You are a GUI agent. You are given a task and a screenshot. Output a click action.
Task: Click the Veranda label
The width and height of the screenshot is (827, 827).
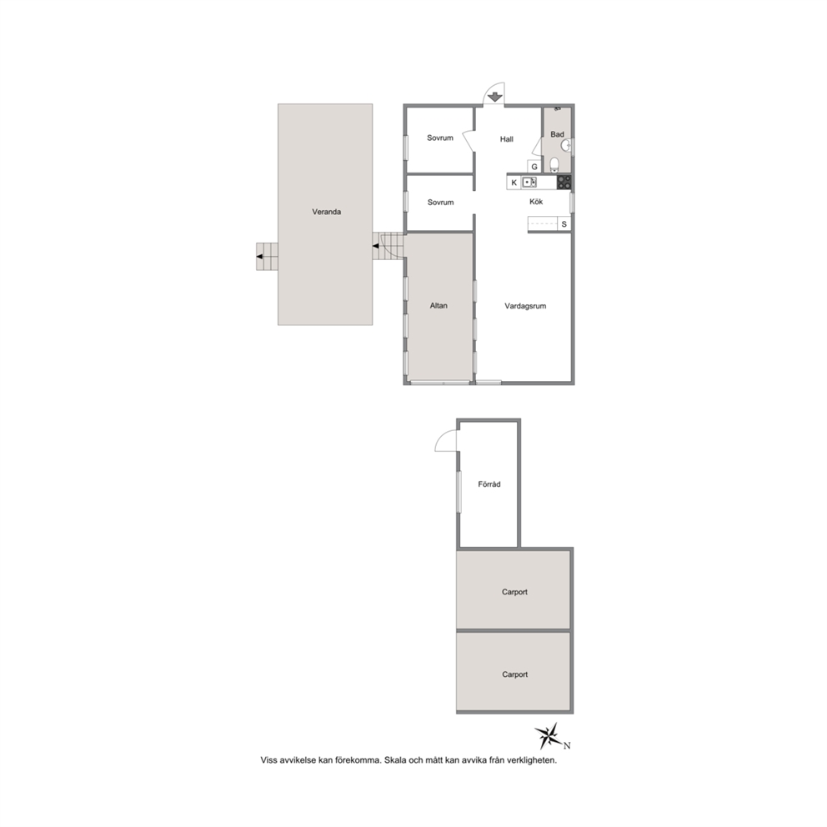(x=327, y=212)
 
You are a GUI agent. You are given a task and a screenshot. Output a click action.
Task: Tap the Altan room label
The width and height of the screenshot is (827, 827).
(x=439, y=305)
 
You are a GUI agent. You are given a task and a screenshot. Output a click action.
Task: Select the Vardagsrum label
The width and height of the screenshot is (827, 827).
(x=525, y=306)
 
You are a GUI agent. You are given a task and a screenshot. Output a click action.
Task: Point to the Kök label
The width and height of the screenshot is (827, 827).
(x=536, y=202)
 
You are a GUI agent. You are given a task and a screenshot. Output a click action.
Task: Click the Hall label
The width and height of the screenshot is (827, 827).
(x=506, y=139)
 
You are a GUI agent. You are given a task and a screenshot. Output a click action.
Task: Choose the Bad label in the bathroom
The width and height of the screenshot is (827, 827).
(x=557, y=134)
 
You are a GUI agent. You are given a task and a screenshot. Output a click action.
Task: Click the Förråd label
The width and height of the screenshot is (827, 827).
(x=489, y=484)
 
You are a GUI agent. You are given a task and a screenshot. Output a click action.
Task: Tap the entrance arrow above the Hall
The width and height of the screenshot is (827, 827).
(x=494, y=97)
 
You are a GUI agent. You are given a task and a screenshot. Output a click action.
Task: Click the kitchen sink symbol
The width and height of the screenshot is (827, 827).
(x=529, y=183)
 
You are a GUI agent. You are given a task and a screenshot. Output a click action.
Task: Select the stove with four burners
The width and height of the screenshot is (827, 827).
(x=564, y=182)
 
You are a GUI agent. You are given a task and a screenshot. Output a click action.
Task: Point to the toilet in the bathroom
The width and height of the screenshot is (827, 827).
(x=554, y=165)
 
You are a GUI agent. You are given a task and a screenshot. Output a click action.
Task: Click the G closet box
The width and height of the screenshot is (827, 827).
(x=534, y=167)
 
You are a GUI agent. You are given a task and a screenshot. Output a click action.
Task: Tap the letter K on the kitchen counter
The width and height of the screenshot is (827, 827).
(x=514, y=183)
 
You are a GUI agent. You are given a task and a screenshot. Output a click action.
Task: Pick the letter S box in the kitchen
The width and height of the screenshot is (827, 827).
(x=564, y=224)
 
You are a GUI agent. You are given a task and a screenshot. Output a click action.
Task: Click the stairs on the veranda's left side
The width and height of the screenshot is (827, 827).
(x=268, y=256)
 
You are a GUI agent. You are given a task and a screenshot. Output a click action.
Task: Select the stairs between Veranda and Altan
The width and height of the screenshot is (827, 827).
(x=388, y=246)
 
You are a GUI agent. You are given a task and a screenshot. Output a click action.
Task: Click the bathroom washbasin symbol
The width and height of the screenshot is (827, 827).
(x=567, y=146)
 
